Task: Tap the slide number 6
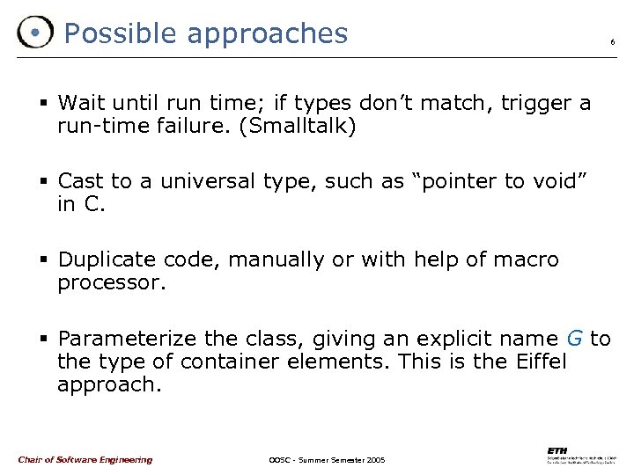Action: [612, 42]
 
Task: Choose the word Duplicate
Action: [109, 260]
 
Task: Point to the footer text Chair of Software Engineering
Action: [85, 459]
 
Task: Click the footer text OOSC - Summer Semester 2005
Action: [327, 460]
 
